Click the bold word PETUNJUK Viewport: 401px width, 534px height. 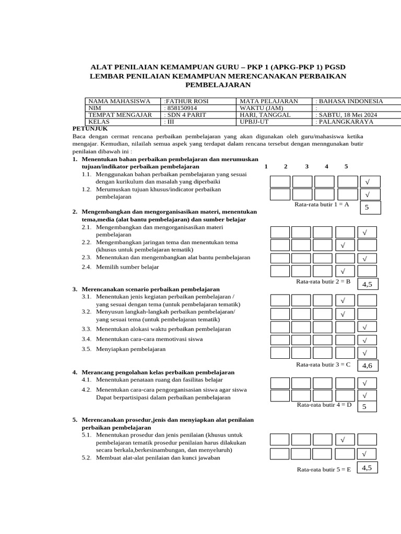(x=89, y=128)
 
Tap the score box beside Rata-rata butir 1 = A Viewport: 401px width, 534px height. (x=370, y=207)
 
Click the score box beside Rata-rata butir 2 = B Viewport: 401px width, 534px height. (x=367, y=284)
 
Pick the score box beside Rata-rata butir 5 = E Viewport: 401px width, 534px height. (x=367, y=468)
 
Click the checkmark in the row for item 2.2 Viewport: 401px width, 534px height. (x=344, y=245)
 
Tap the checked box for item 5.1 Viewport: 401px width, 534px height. (x=344, y=440)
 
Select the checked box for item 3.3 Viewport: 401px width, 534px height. (x=367, y=327)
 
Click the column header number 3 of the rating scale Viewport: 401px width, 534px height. (x=306, y=166)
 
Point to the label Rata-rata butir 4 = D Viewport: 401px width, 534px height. (x=324, y=405)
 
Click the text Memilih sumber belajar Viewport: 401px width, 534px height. (x=127, y=267)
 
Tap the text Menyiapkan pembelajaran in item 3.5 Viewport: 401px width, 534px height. (x=131, y=349)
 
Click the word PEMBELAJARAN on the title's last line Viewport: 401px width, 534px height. (x=218, y=84)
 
